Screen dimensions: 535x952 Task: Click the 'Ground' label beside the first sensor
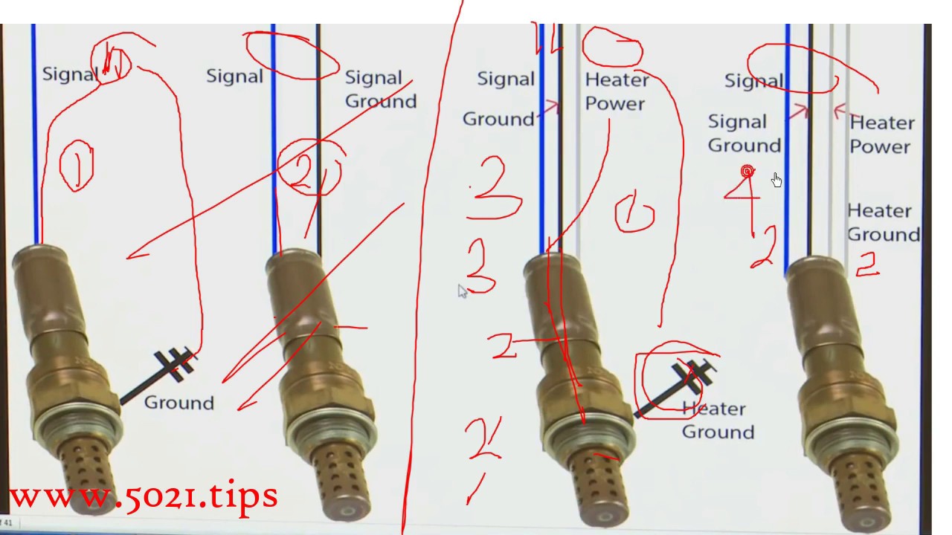178,403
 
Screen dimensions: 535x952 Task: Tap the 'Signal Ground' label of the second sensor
380,90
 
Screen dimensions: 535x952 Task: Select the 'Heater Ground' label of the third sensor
718,421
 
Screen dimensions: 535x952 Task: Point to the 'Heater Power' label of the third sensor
617,91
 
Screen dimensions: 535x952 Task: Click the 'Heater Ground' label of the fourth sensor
883,223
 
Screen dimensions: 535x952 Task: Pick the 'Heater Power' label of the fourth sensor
881,134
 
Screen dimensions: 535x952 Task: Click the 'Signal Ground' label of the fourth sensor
744,134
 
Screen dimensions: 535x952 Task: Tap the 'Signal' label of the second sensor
234,76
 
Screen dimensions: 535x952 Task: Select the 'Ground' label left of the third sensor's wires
498,119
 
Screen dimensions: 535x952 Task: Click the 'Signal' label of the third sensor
506,79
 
